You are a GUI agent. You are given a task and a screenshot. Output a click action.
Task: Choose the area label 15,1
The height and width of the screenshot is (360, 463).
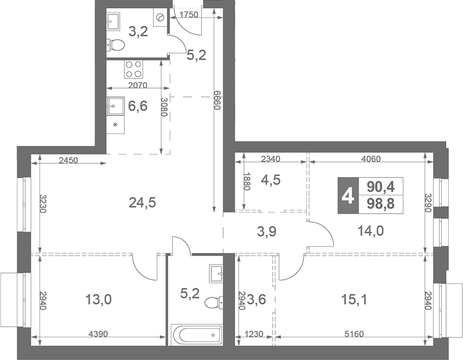[x=354, y=300]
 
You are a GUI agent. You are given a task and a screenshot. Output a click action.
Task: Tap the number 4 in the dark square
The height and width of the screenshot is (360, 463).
[x=348, y=195]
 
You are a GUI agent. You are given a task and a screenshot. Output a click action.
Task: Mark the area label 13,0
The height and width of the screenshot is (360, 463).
[x=98, y=300]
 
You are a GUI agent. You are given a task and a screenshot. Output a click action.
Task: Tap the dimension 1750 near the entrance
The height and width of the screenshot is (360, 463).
[x=188, y=15]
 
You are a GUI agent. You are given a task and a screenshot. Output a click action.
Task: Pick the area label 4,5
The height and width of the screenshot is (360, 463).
[x=271, y=180]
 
